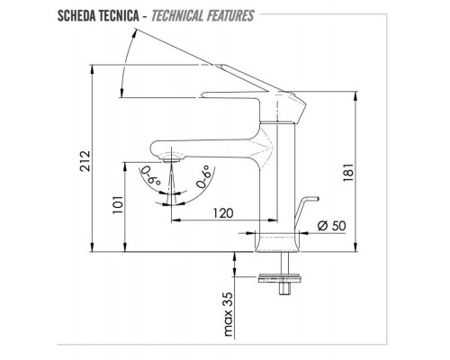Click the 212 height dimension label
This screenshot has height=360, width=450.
coord(85,160)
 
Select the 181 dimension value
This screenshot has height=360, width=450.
coord(348,172)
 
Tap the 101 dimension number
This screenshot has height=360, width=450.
coord(118,204)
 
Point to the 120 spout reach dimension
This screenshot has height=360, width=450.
coord(223,212)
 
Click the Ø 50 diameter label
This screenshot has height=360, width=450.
coord(331,226)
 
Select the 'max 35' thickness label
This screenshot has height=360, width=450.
coord(229,314)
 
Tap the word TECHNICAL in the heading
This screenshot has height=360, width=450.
coord(177,16)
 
